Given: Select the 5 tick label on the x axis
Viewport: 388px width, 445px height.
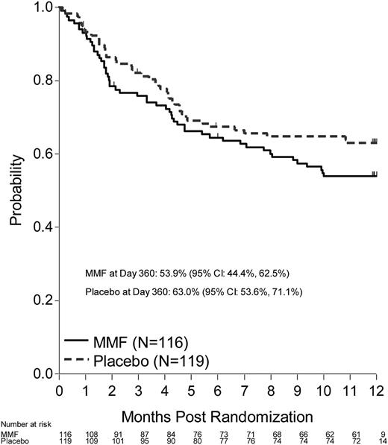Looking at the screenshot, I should pyautogui.click(x=190, y=389).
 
